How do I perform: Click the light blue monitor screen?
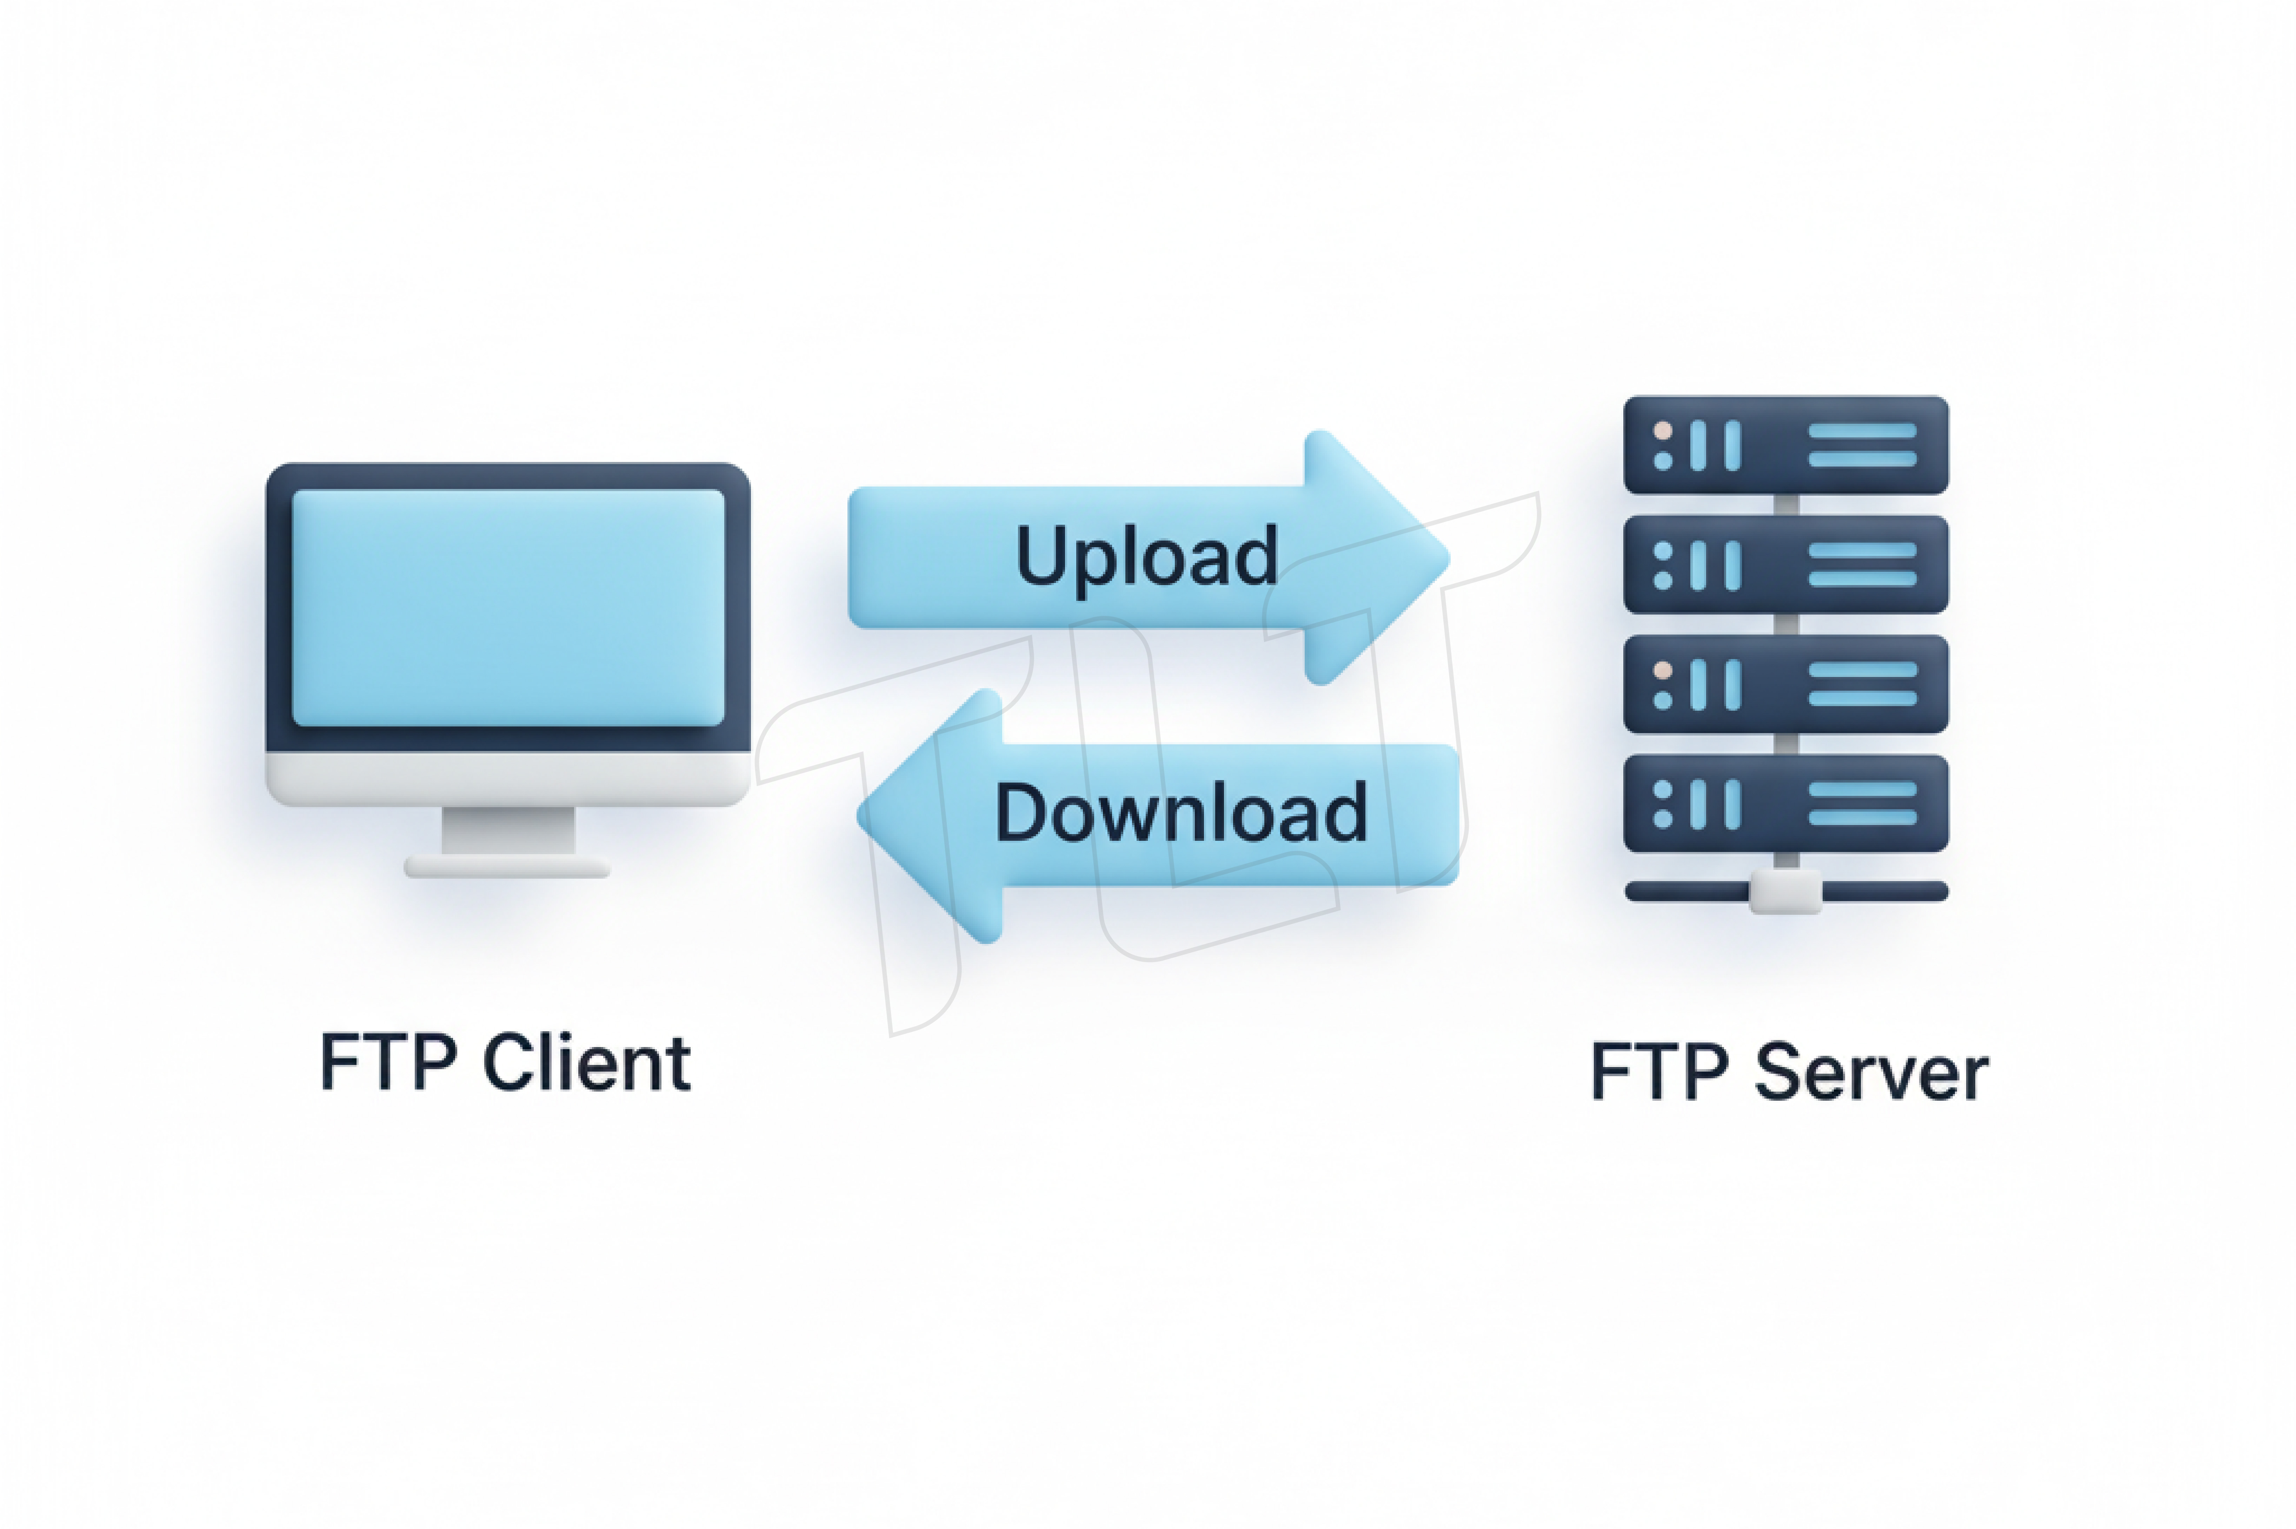(x=508, y=608)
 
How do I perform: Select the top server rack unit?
(x=1785, y=445)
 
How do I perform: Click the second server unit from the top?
(x=1785, y=565)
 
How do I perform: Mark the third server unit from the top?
(x=1785, y=684)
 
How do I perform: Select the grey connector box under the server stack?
(x=1785, y=891)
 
